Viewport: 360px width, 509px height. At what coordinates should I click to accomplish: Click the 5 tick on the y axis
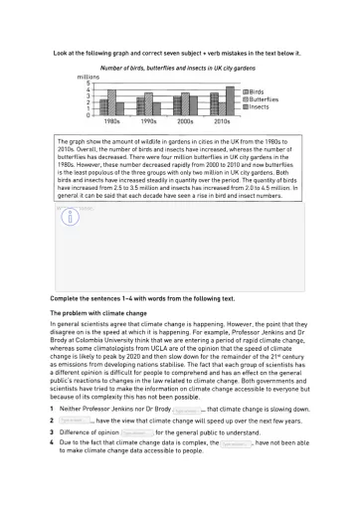point(87,83)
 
